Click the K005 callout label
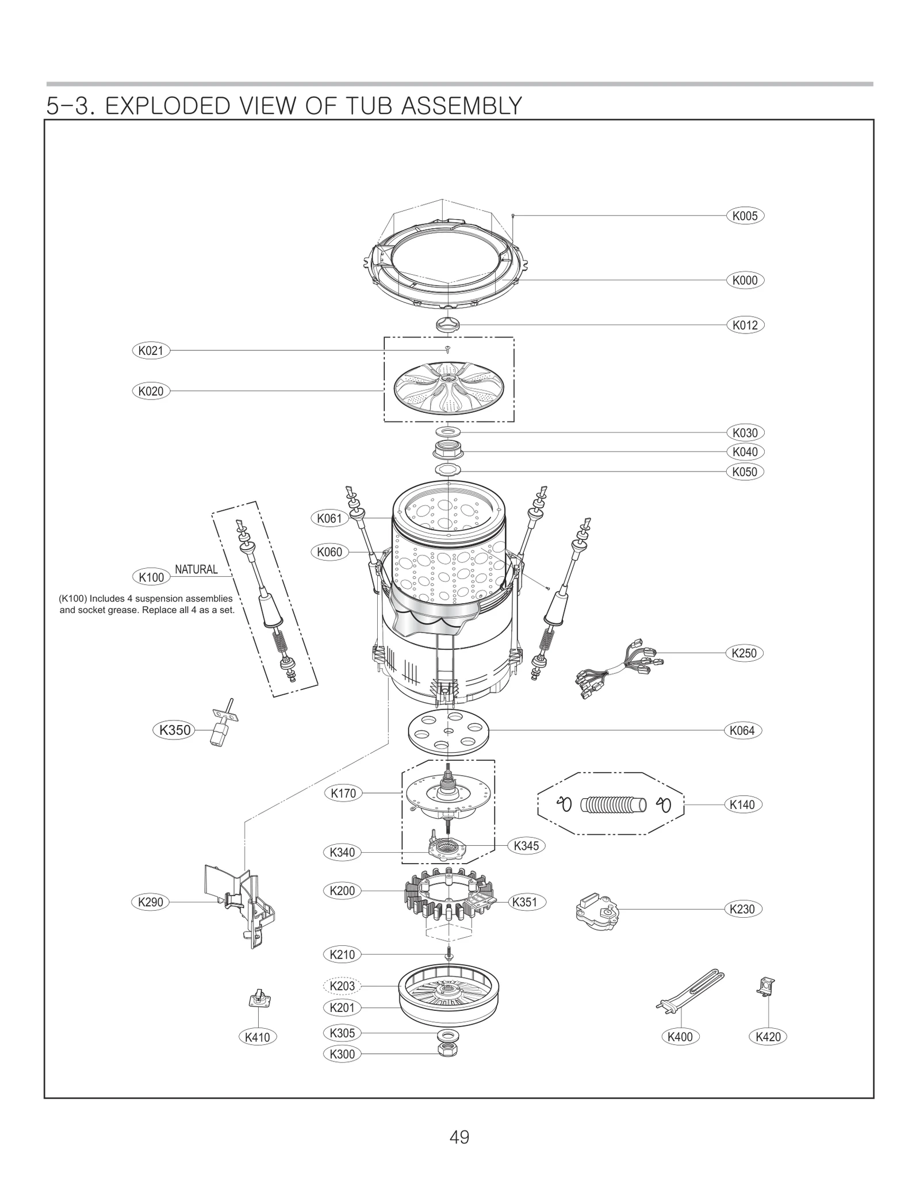pos(745,216)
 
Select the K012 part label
pos(745,325)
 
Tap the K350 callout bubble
pos(174,730)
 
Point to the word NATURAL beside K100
pos(196,569)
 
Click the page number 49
pos(459,1137)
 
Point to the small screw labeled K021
pos(448,348)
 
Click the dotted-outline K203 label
pos(342,986)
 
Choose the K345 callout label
pos(526,846)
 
